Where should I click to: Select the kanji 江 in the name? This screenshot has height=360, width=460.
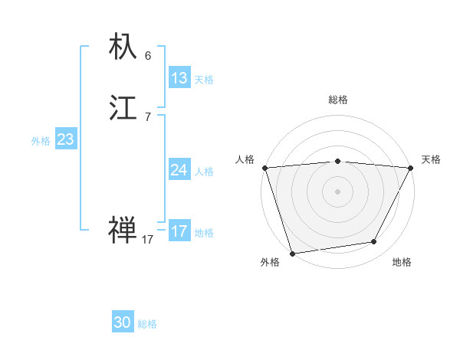coord(123,108)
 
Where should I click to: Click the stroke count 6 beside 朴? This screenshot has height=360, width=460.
coord(148,55)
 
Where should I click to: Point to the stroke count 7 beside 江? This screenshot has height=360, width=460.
coord(148,116)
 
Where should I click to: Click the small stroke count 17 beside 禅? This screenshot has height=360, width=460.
coord(148,240)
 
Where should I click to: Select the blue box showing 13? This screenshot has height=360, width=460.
coord(179,78)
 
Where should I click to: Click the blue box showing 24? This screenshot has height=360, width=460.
coord(179,170)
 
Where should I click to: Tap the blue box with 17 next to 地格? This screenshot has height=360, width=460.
coord(179,231)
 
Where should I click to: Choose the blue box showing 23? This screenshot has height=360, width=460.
coord(65,139)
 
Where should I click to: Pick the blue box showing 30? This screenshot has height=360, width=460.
coord(123,322)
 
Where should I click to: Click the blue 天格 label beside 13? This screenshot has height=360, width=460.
coord(204,80)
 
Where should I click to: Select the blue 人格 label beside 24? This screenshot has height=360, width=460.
coord(204,172)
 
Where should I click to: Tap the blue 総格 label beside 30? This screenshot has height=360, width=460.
coord(147,324)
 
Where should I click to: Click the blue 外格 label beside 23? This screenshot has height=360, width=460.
coord(41,141)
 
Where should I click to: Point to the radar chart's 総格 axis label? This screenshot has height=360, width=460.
coord(337,100)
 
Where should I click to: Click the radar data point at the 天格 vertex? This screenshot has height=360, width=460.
coord(411,168)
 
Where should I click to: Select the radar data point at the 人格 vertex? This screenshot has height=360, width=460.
coord(264,168)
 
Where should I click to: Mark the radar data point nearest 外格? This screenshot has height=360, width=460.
coord(292,253)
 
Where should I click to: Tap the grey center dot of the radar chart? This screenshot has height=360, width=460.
coord(337,191)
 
